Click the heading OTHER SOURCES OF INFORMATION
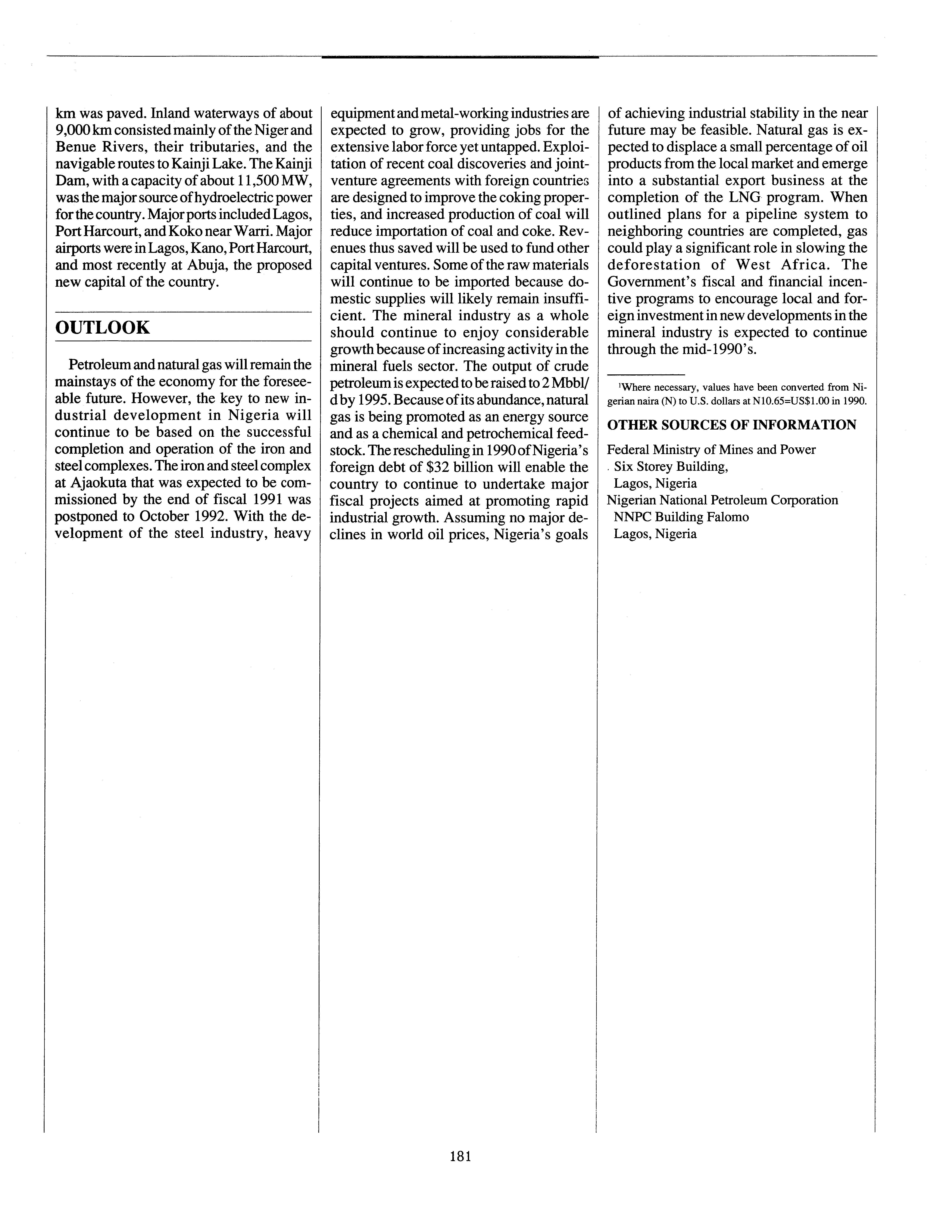pos(732,425)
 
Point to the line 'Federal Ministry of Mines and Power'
pos(711,450)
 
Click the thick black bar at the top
pos(460,57)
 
